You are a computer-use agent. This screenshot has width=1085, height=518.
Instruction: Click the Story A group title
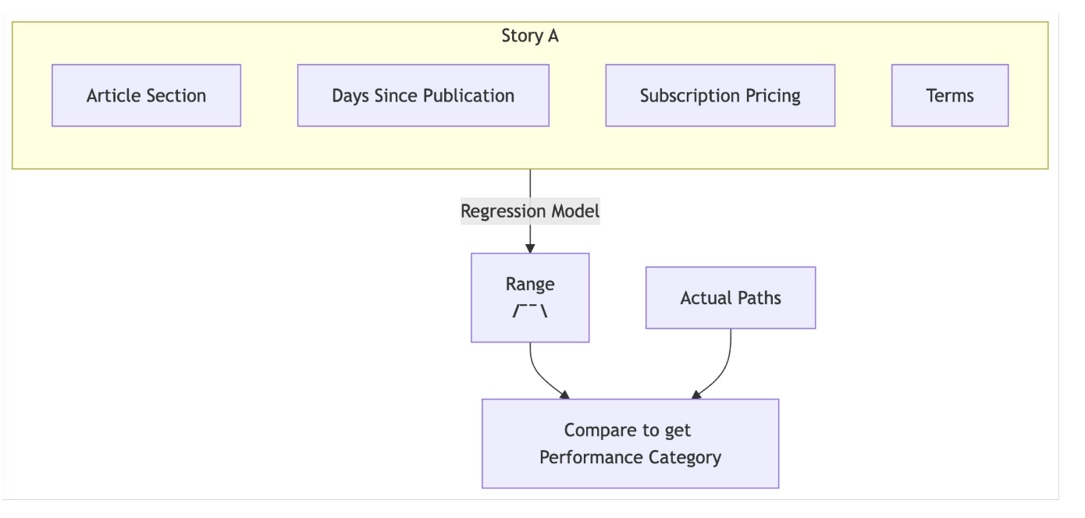tap(530, 36)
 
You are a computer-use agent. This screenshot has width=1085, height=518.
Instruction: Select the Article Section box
tap(146, 95)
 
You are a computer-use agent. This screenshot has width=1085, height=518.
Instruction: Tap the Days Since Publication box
tap(423, 95)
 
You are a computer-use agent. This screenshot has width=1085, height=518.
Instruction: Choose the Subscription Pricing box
tap(720, 95)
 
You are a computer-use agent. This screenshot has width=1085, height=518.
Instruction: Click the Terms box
tap(950, 95)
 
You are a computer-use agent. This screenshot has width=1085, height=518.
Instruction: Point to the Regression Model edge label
tap(530, 211)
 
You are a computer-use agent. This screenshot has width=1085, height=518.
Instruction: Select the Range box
tap(530, 297)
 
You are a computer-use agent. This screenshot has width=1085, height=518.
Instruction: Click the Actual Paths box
tap(731, 297)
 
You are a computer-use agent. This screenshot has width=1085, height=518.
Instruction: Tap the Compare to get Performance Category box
tap(630, 443)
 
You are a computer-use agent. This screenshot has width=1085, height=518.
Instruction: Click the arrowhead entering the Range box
tap(530, 247)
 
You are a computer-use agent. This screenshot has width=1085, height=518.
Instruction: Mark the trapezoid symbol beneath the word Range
tap(530, 311)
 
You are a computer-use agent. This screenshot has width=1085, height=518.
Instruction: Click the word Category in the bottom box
tap(683, 457)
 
